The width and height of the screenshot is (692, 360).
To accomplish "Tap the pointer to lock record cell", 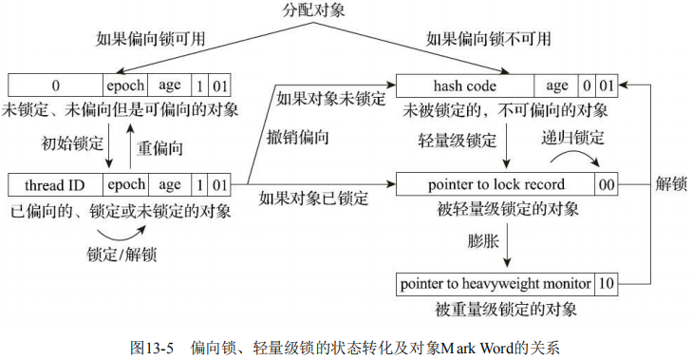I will click(496, 184).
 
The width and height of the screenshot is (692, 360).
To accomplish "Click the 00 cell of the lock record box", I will click(607, 184).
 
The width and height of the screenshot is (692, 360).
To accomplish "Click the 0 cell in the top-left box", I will click(55, 83).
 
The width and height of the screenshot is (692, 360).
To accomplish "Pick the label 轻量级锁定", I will click(458, 139).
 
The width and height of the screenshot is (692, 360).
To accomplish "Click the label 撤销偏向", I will click(302, 139).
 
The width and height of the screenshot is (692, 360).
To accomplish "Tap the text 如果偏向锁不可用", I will click(485, 39).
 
